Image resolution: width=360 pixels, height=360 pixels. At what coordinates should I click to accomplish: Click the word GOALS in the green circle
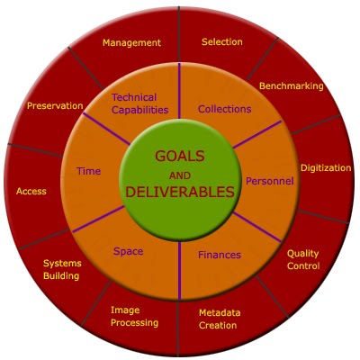pyautogui.click(x=180, y=156)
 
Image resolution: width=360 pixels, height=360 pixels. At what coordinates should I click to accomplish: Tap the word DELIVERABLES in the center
pyautogui.click(x=180, y=192)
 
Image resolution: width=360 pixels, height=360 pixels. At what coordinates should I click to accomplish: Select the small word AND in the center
pyautogui.click(x=180, y=175)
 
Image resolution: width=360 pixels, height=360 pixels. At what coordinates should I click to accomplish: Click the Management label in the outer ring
pyautogui.click(x=131, y=43)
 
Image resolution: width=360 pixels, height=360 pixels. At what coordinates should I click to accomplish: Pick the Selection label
pyautogui.click(x=222, y=41)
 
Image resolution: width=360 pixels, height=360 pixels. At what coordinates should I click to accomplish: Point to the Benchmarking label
pyautogui.click(x=292, y=86)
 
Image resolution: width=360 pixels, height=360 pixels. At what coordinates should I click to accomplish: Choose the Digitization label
pyautogui.click(x=326, y=167)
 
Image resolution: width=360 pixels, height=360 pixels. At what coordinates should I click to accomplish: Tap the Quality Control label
pyautogui.click(x=303, y=260)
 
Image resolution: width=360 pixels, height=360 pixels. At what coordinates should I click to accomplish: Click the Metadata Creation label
pyautogui.click(x=220, y=319)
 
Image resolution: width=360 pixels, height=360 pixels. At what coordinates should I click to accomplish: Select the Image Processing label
pyautogui.click(x=134, y=316)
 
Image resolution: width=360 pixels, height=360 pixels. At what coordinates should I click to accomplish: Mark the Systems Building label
pyautogui.click(x=62, y=269)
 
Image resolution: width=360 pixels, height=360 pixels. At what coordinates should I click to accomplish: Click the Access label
pyautogui.click(x=31, y=192)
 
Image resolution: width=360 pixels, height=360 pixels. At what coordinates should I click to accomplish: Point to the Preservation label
pyautogui.click(x=55, y=105)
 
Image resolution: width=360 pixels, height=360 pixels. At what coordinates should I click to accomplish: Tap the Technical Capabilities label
pyautogui.click(x=139, y=103)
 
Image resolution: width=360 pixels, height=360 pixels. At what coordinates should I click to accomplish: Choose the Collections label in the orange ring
pyautogui.click(x=224, y=109)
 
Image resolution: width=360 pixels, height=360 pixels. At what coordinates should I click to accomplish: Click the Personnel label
pyautogui.click(x=270, y=181)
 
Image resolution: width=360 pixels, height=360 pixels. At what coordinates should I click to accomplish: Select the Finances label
pyautogui.click(x=220, y=255)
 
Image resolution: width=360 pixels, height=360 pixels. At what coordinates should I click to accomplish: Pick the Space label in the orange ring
pyautogui.click(x=128, y=251)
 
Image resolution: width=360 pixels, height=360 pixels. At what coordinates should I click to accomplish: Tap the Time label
pyautogui.click(x=88, y=171)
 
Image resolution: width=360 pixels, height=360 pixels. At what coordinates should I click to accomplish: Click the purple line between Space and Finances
pyautogui.click(x=179, y=271)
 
